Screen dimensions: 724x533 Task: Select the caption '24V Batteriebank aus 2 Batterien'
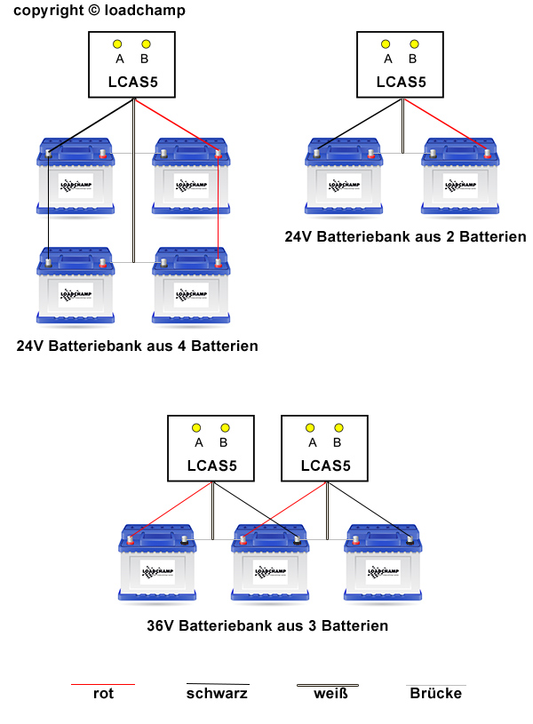coord(405,237)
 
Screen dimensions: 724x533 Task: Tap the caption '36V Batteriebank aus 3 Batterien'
coord(267,625)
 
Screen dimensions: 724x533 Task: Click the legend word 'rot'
coord(103,694)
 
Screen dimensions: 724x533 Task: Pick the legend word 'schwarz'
coord(217,694)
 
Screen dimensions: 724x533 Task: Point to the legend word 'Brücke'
coord(435,694)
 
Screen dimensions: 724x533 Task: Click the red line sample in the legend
coord(103,684)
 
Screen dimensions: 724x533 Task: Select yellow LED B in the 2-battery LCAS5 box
coord(412,44)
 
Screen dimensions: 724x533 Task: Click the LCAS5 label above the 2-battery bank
coord(402,82)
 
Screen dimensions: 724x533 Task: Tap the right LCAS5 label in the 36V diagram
coord(326,465)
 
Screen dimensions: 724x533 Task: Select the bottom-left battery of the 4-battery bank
coord(76,286)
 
